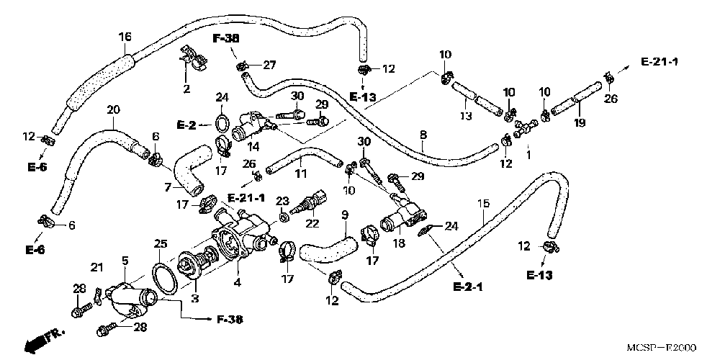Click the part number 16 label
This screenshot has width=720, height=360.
click(x=125, y=37)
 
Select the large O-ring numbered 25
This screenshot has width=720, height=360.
click(x=165, y=279)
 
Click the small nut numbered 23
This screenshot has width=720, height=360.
click(x=284, y=213)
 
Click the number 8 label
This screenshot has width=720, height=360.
click(x=423, y=135)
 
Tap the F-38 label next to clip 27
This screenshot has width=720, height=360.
click(x=227, y=39)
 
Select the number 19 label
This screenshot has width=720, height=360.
click(x=579, y=109)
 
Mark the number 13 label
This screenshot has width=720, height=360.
click(x=466, y=116)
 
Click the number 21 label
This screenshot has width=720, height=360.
click(x=97, y=266)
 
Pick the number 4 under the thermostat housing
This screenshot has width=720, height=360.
click(x=238, y=283)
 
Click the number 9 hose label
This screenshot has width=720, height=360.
click(x=345, y=215)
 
